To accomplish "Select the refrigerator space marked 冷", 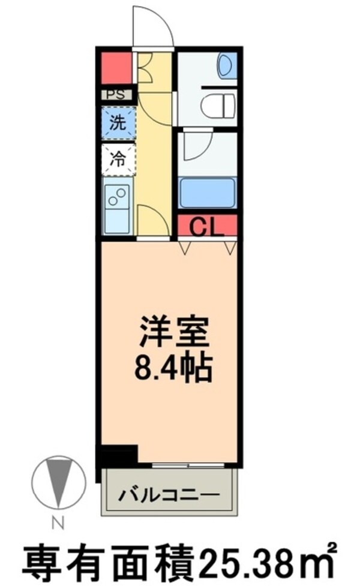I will (118, 159).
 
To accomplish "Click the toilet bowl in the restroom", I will (217, 107).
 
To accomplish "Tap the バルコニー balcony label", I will (167, 495).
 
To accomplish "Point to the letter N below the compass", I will (58, 522).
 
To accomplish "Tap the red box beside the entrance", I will (116, 68).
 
